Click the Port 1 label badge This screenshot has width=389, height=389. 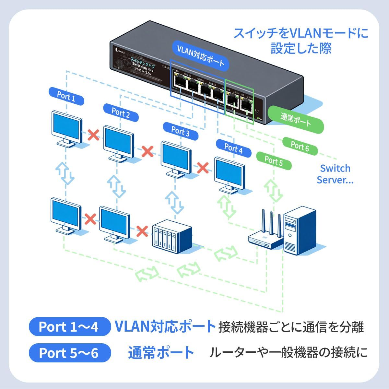coord(66,96)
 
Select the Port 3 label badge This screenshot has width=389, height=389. coord(180,131)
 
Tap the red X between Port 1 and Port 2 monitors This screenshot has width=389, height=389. coord(94,135)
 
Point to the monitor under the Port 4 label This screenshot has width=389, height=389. coord(230,175)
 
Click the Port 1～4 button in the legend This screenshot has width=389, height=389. coord(68,326)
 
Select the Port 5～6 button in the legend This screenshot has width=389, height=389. coord(68,353)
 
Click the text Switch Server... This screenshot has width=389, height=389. coord(335,174)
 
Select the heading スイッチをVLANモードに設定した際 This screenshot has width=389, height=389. coord(301,41)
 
